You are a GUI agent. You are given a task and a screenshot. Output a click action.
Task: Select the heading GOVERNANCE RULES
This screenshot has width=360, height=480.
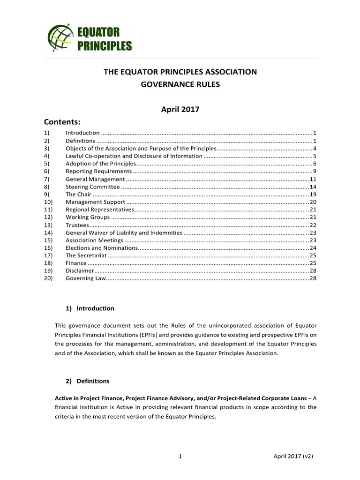[180, 86]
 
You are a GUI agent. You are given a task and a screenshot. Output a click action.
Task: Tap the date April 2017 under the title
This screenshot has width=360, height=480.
[180, 109]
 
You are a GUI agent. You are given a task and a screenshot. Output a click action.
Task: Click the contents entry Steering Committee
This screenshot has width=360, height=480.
[92, 187]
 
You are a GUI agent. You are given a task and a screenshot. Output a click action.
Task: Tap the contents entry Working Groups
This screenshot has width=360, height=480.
[88, 217]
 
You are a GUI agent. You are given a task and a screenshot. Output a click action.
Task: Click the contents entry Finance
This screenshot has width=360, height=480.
[76, 263]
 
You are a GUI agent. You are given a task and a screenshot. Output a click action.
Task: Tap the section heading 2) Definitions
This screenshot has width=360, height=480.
[88, 381]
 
